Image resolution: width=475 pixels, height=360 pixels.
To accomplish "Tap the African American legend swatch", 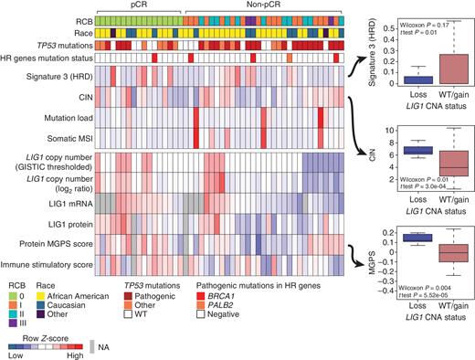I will click(45, 294).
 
